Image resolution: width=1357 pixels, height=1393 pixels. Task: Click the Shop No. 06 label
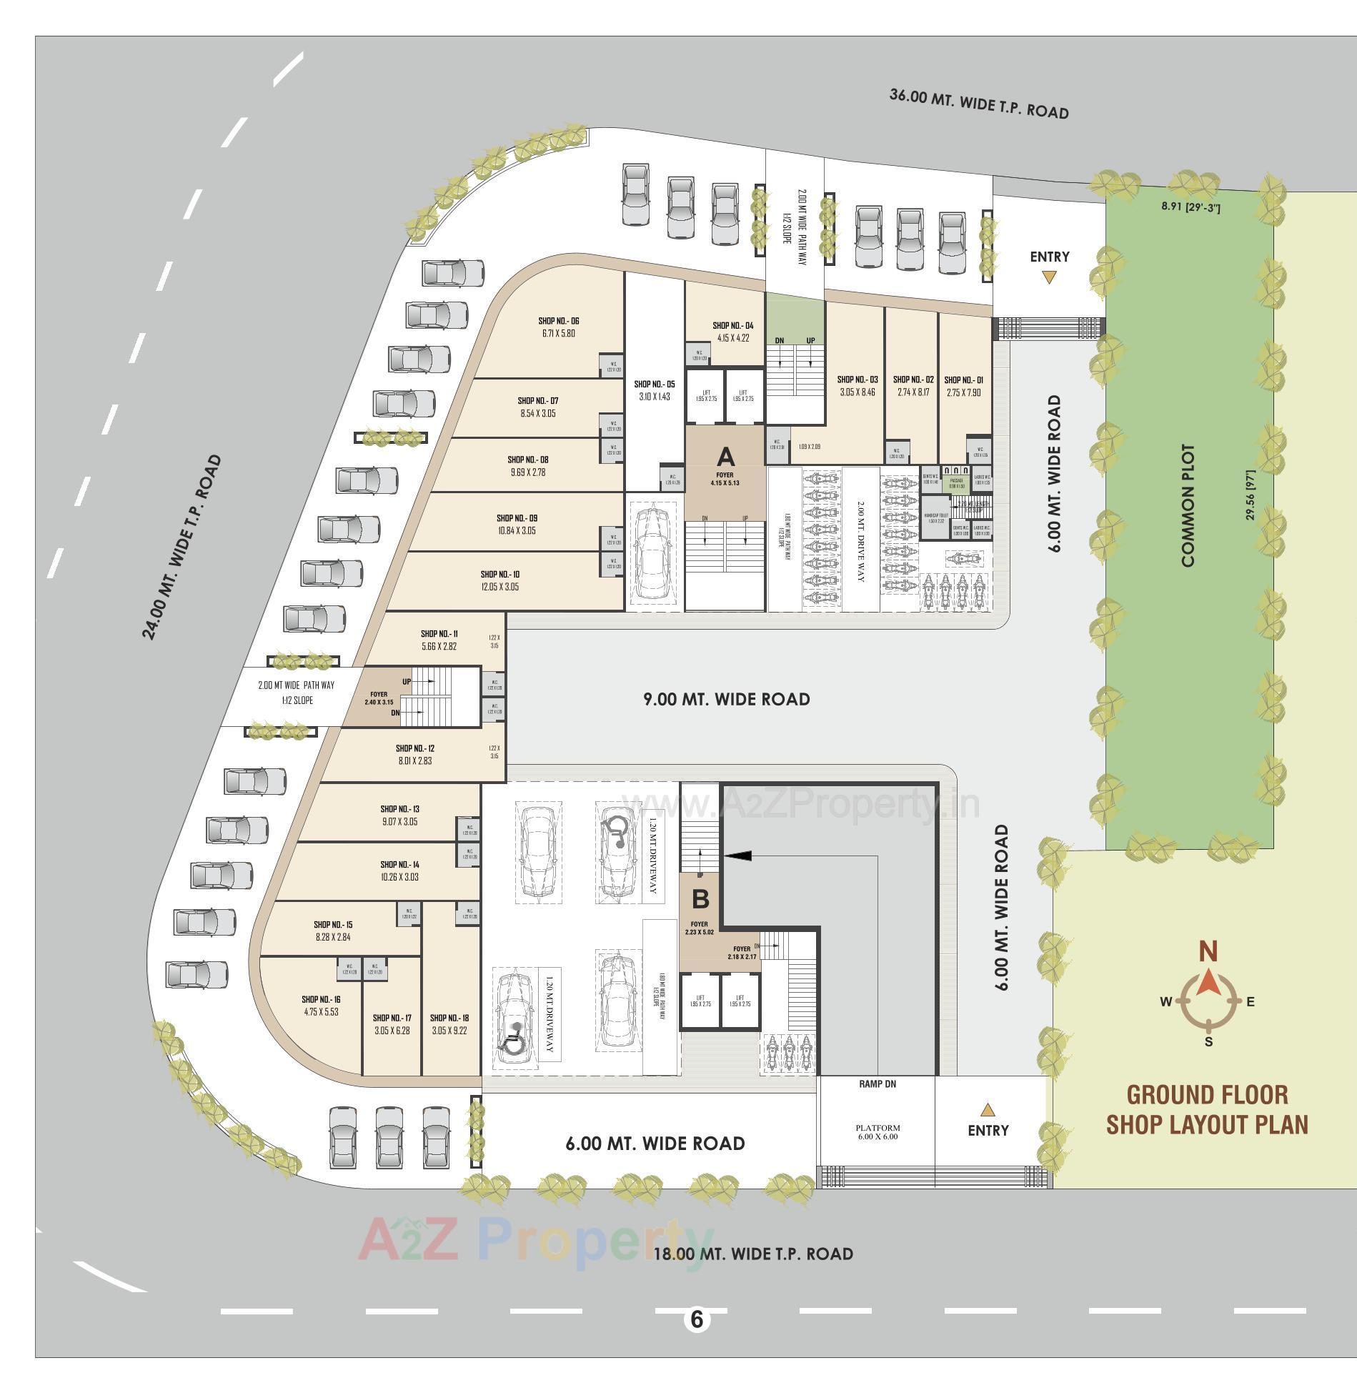click(558, 321)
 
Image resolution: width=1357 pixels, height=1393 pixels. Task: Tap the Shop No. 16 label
click(321, 999)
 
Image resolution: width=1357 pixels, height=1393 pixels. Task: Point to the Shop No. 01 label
click(963, 380)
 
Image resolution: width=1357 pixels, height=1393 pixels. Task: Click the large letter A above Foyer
click(725, 457)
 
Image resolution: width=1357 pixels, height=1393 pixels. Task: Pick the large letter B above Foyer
click(700, 898)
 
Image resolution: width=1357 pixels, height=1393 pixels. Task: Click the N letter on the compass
click(1208, 952)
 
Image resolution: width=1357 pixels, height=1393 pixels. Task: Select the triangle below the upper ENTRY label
click(1048, 277)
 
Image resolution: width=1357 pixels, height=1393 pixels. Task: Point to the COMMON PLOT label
click(1188, 506)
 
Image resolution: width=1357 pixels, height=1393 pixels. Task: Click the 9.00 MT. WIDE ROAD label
click(727, 699)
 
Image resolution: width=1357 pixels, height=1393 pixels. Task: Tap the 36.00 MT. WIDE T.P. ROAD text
click(978, 104)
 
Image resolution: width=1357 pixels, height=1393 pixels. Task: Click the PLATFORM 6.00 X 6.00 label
click(878, 1131)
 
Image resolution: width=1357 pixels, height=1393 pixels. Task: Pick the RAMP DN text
click(877, 1084)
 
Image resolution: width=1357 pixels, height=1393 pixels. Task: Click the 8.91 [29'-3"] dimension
click(1191, 207)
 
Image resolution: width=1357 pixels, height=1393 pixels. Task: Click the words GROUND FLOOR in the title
click(1207, 1095)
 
